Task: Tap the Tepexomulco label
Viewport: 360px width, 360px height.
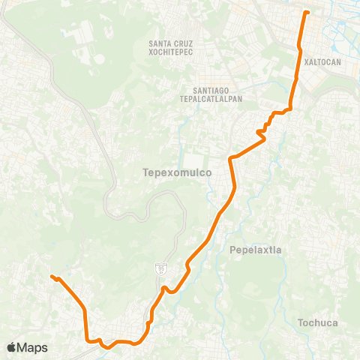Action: [176, 172]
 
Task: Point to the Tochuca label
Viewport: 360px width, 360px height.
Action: [318, 323]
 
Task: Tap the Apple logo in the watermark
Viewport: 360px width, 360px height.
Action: [13, 347]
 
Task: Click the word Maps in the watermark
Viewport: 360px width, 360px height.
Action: [33, 347]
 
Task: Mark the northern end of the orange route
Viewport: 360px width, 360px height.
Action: [305, 12]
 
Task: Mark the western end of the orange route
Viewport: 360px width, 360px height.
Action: [52, 277]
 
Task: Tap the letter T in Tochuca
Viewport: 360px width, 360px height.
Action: [301, 323]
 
